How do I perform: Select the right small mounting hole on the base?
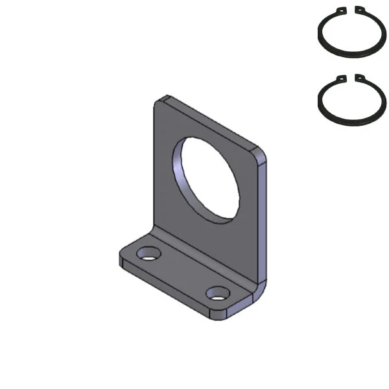(219, 294)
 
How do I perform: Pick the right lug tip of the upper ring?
(359, 9)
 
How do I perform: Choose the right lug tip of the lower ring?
(359, 79)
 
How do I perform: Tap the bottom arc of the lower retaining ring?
(350, 124)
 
